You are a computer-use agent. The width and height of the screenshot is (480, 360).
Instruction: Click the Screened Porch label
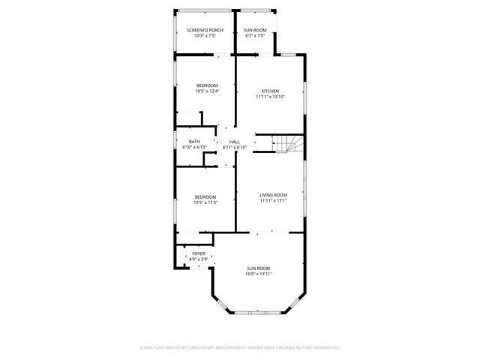tap(205, 30)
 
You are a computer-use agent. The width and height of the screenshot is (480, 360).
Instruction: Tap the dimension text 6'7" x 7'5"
tap(254, 36)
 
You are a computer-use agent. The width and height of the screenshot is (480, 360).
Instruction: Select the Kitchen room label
tap(270, 91)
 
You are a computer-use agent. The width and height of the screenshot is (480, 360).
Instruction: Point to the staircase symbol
tap(287, 143)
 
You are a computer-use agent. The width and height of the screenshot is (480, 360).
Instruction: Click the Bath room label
tap(194, 142)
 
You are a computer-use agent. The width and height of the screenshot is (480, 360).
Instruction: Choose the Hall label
tap(235, 142)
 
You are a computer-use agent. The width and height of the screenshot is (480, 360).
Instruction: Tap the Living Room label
tap(273, 195)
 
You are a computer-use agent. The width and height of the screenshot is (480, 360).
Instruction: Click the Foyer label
tap(198, 253)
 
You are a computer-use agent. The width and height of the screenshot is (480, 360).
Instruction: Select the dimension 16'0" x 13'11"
tap(258, 274)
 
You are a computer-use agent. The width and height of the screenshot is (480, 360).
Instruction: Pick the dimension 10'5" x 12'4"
tap(207, 91)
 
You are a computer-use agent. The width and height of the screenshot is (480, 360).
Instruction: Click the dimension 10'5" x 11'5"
tap(205, 202)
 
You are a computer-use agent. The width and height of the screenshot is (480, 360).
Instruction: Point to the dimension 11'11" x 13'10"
tap(270, 97)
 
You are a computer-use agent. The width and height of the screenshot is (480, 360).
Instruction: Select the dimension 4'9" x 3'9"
tap(198, 259)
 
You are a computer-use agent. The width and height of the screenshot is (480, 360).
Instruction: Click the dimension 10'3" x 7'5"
tap(205, 36)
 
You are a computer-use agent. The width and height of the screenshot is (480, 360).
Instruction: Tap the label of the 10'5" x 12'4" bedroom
tap(207, 85)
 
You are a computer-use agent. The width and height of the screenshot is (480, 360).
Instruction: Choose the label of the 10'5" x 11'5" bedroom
tap(205, 196)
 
